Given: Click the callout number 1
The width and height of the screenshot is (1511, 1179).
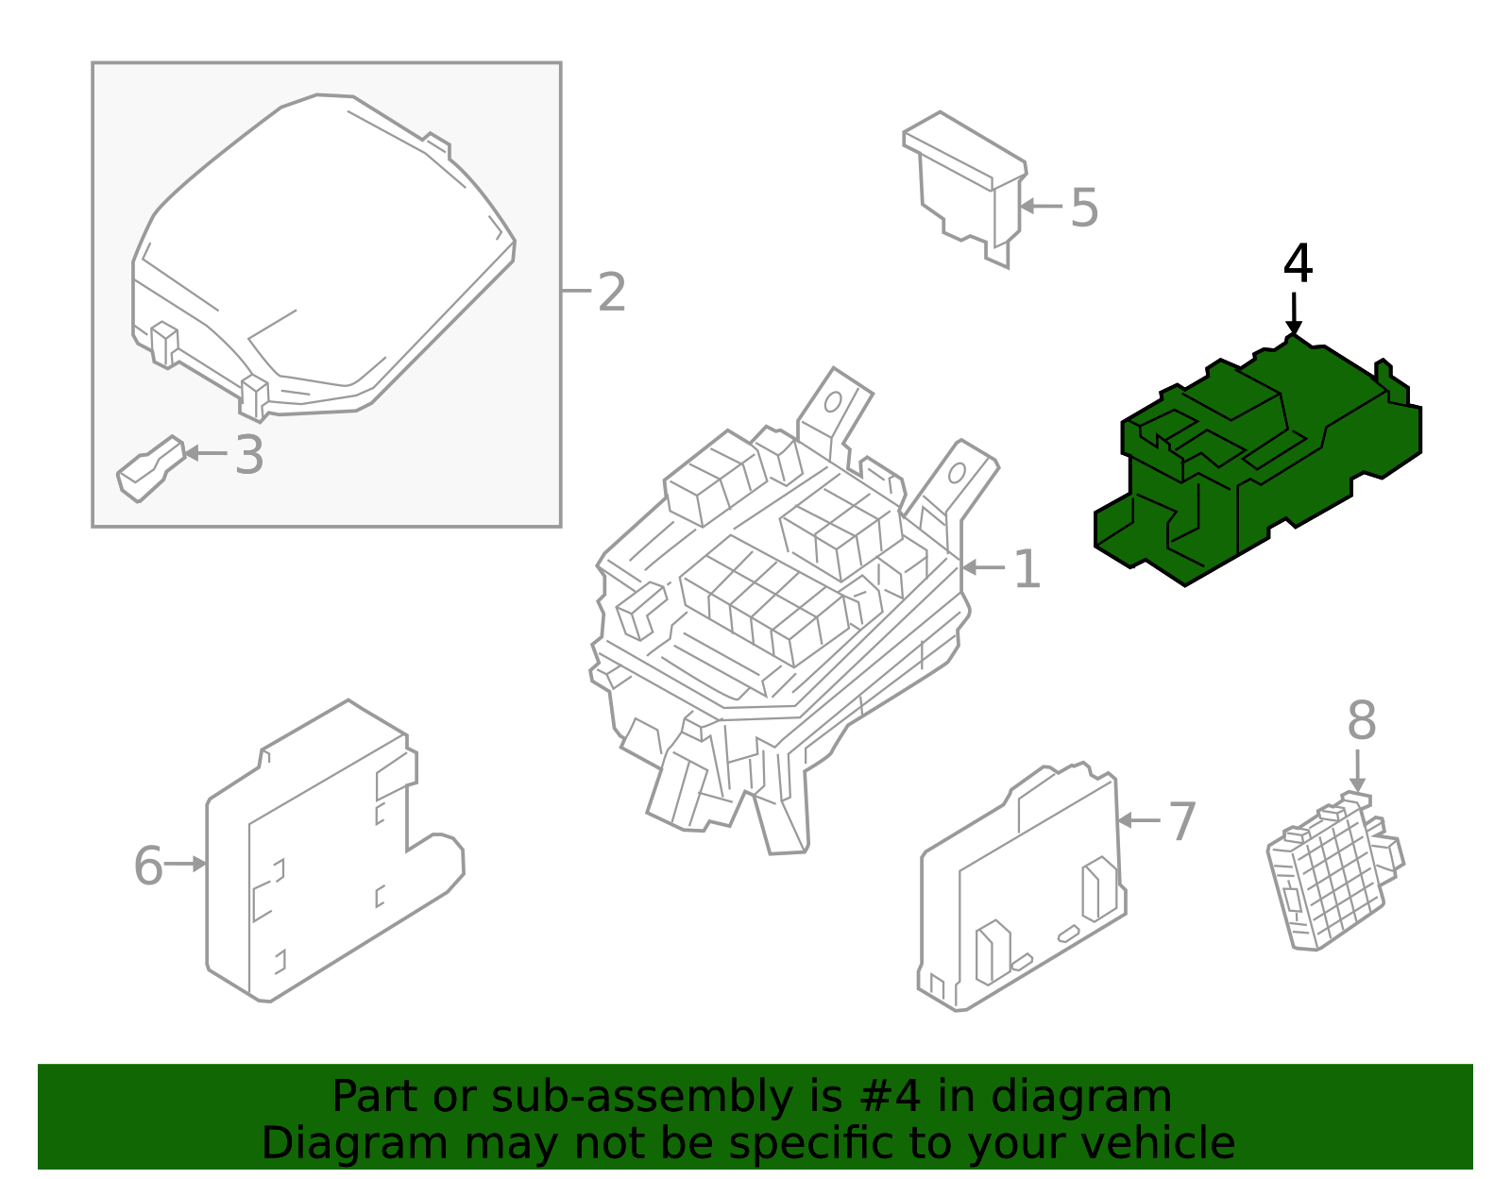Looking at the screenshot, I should point(1027,569).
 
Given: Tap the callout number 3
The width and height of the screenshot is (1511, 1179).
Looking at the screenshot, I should point(249,455).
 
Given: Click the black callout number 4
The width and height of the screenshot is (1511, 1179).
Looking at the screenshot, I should point(1298,264).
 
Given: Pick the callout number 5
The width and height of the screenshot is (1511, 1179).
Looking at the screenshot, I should point(1084,208).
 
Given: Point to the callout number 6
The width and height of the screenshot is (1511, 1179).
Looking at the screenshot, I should point(148,866).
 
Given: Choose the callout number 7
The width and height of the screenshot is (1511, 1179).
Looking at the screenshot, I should point(1182,822).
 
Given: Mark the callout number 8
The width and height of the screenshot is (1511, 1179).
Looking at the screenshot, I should point(1361,721).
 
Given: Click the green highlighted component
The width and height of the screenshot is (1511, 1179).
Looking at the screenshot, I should point(1256,463).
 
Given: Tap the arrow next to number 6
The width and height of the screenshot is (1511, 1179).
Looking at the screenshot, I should point(186,864).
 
